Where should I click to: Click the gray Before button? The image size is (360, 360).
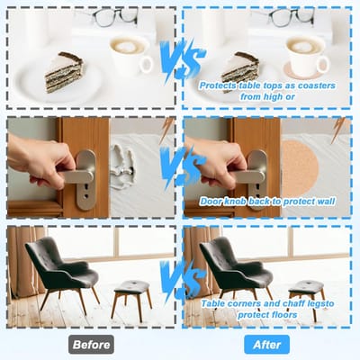(x=91, y=345)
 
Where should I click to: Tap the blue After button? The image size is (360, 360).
(x=266, y=345)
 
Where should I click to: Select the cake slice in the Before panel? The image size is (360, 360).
(x=64, y=72)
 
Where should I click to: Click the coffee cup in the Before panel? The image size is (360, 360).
(x=130, y=56)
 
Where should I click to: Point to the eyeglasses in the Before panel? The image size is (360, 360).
(x=115, y=16)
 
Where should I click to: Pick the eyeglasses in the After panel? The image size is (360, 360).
(x=291, y=16)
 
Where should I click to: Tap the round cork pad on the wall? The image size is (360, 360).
(x=300, y=167)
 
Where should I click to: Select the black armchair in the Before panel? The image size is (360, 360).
(x=62, y=273)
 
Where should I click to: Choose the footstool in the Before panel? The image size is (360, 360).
(x=131, y=299)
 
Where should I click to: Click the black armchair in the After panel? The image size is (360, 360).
(x=236, y=273)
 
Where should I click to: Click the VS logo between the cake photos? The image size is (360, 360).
(x=182, y=63)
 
